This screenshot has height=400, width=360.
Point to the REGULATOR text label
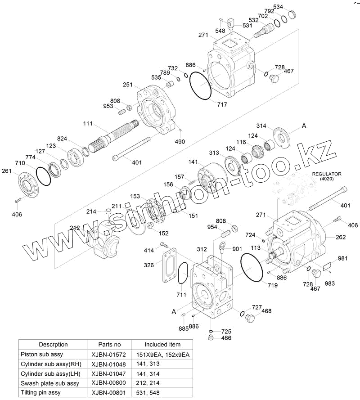coord(327,174)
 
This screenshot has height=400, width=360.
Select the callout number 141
coord(193,162)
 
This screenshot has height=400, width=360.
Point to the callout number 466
coord(226,338)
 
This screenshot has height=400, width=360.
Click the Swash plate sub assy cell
coord(50,383)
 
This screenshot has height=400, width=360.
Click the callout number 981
coord(343,258)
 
